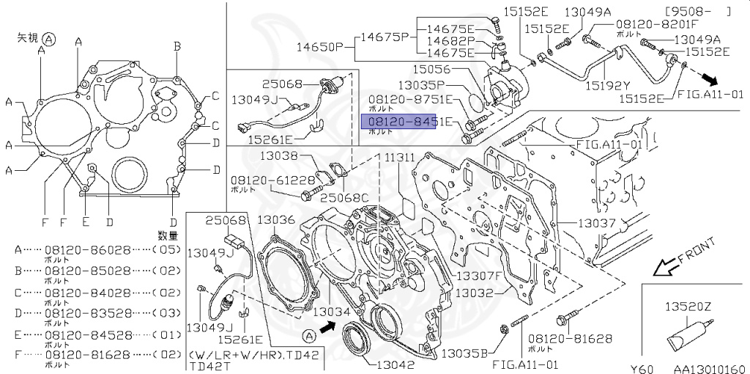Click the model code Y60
click(x=642, y=368)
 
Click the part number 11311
click(x=401, y=158)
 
